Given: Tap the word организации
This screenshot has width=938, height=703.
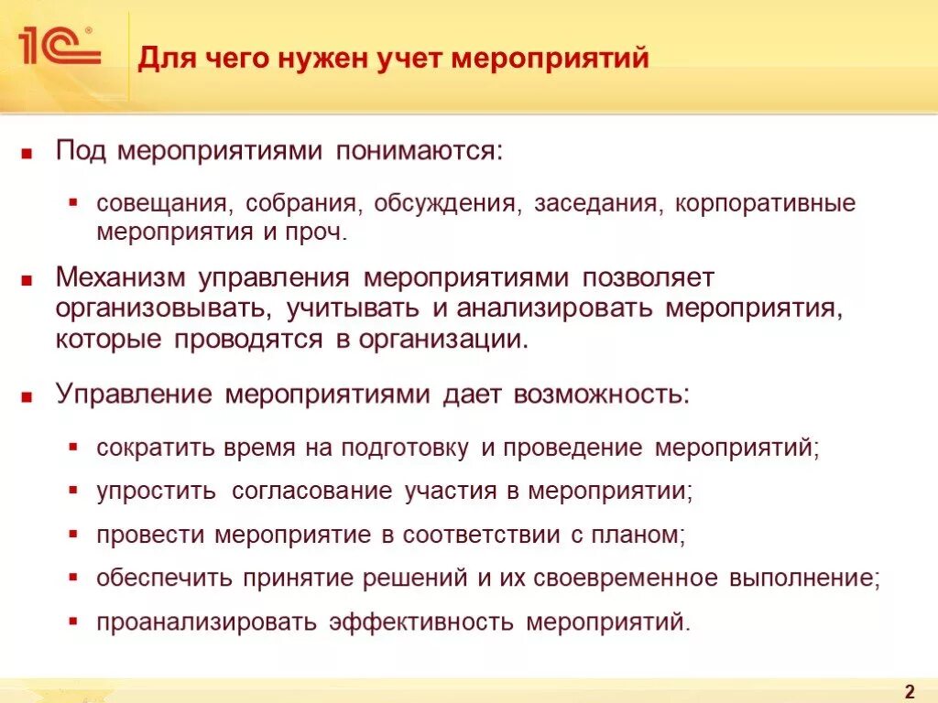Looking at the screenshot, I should tap(443, 339).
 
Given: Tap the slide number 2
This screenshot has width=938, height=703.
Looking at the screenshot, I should tap(910, 690).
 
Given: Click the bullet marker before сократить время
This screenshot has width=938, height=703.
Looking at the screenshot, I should tap(72, 449).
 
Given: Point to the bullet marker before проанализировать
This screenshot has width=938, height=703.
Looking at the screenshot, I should tap(72, 622).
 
